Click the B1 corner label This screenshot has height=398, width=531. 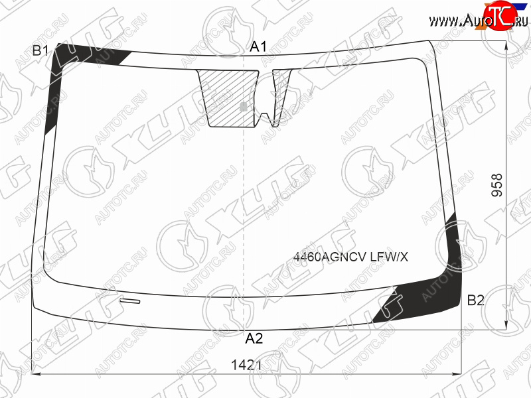[x=40, y=50]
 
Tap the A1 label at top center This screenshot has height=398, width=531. [x=258, y=46]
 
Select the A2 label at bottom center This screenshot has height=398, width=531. [x=254, y=338]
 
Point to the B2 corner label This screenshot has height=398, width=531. [x=475, y=300]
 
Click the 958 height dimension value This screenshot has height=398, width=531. [x=497, y=185]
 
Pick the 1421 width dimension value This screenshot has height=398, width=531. [x=246, y=365]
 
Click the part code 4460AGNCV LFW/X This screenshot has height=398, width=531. [x=350, y=257]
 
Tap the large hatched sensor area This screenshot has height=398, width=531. [x=228, y=98]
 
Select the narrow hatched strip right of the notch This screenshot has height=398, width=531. [x=280, y=96]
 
